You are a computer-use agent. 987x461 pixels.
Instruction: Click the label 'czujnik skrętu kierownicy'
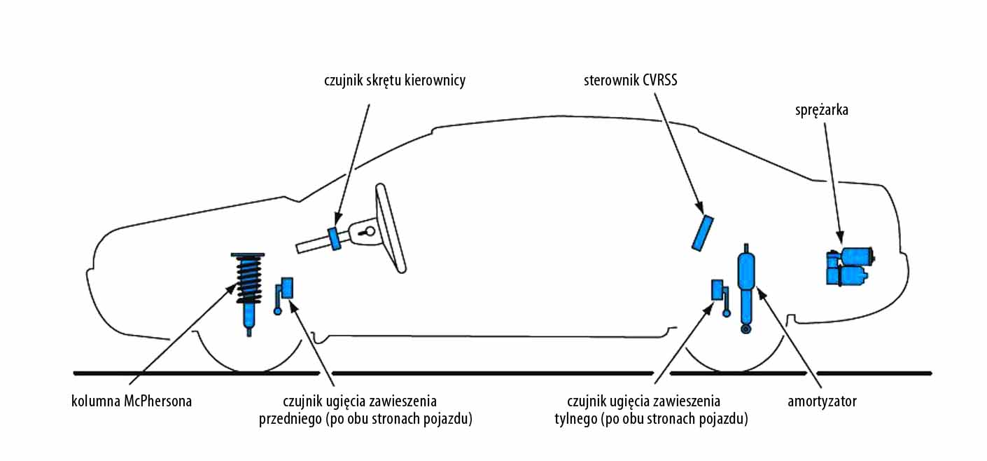395,81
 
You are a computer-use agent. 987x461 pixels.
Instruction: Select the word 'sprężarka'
821,109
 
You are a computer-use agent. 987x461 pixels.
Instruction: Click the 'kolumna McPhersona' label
132,401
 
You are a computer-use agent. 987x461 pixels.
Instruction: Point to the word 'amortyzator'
822,401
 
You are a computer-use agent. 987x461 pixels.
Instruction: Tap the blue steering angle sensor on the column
335,238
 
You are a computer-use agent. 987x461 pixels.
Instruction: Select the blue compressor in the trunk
849,266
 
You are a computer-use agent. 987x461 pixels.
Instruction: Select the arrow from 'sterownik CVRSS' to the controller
676,147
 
